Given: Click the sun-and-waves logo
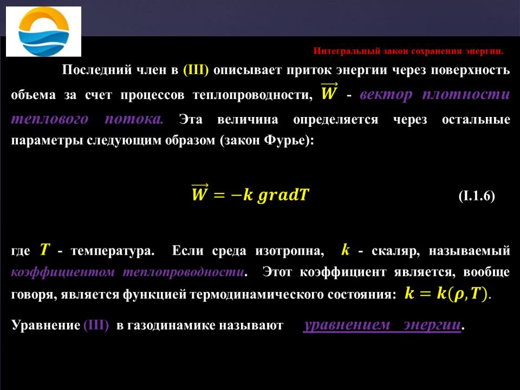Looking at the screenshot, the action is tap(43, 31).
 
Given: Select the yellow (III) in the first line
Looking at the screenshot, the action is tap(196, 70).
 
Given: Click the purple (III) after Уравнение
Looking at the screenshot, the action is tap(96, 325).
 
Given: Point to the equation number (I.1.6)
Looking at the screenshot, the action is tap(477, 196).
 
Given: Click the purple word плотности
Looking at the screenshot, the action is tap(466, 94).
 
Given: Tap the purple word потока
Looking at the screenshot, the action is tap(134, 119).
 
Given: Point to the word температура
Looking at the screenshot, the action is tap(113, 251).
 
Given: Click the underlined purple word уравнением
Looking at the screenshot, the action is tap(347, 324).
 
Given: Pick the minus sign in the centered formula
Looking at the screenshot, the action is tap(236, 194).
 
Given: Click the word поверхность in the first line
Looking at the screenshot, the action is tap(470, 70).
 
